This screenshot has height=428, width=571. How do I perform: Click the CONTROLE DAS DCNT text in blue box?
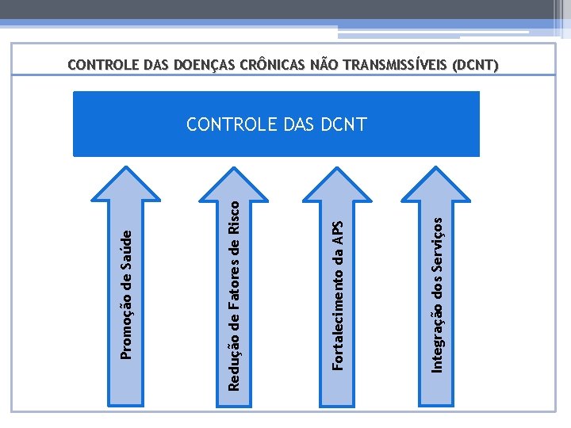coord(276,124)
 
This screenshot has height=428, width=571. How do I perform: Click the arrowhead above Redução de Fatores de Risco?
coord(236,174)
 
